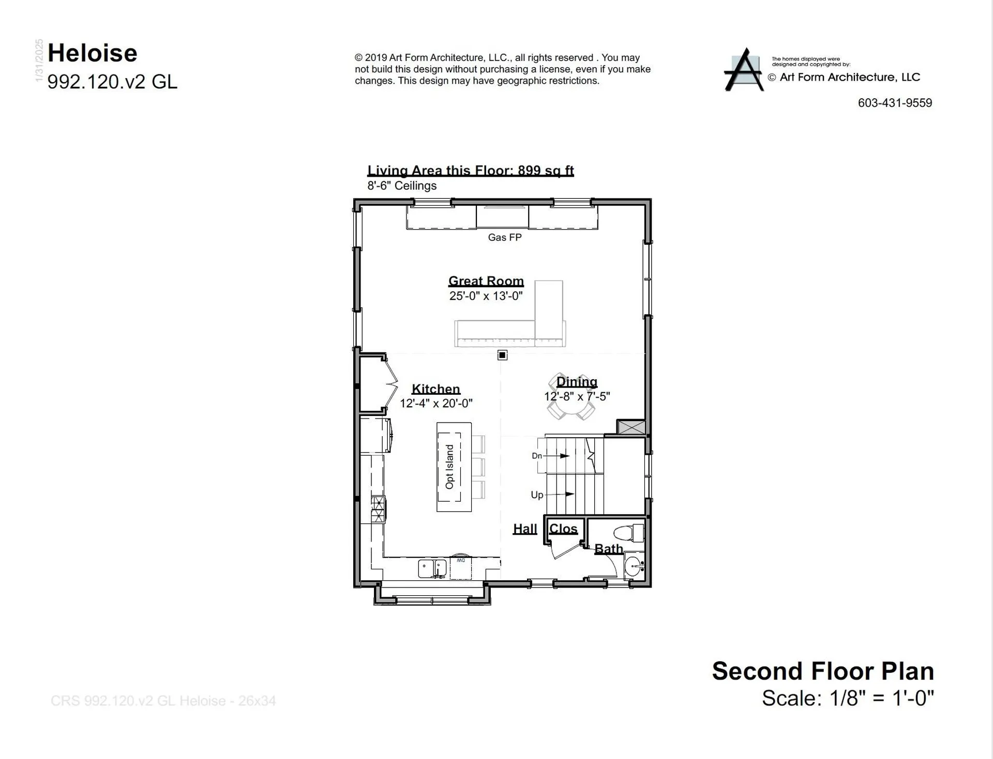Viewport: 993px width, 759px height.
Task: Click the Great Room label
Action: coord(486,281)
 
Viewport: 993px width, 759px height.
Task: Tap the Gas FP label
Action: coord(504,238)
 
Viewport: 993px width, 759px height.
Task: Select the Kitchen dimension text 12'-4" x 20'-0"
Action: coord(435,404)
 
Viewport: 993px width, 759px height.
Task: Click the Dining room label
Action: coord(577,382)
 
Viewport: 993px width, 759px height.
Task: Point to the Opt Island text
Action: coord(449,467)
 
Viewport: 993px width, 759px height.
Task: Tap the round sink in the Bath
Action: coord(634,566)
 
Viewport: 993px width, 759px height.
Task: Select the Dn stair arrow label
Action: coord(537,456)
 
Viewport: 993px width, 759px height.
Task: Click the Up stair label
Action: coord(537,495)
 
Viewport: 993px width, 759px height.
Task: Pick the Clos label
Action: coord(563,529)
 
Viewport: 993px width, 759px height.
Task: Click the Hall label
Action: coord(525,529)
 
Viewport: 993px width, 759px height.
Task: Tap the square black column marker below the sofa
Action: coord(502,355)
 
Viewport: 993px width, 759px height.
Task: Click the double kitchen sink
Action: coord(432,568)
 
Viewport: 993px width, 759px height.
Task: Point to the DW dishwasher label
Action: coord(460,561)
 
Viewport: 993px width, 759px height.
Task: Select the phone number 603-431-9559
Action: coord(895,103)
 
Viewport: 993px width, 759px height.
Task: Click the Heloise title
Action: coord(93,53)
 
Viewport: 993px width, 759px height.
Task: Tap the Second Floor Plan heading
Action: coord(823,671)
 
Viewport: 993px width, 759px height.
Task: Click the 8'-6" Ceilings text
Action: coord(402,186)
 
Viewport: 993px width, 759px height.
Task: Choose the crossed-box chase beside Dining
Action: coord(632,427)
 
